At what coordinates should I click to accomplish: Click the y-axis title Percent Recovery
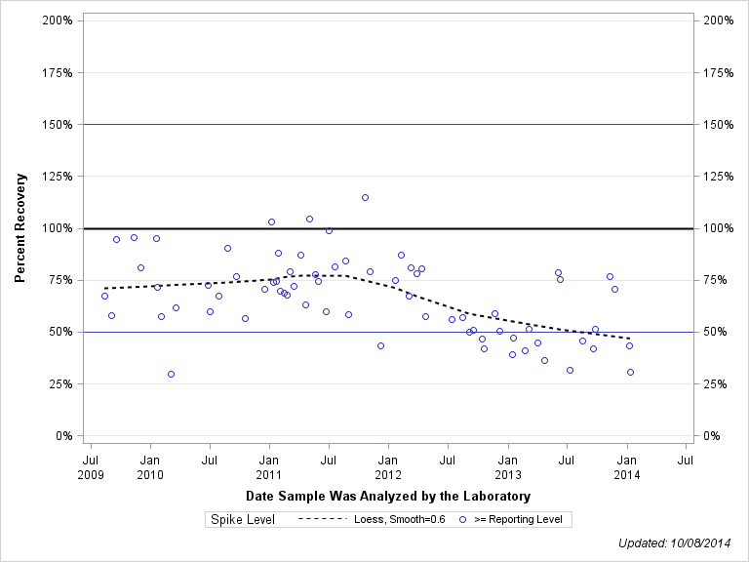(x=20, y=228)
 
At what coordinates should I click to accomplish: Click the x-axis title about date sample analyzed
(x=387, y=497)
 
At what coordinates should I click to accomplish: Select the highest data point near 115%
(x=365, y=197)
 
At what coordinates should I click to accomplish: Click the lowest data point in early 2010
(x=171, y=374)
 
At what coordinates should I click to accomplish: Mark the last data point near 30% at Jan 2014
(x=630, y=372)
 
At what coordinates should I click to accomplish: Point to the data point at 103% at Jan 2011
(x=271, y=221)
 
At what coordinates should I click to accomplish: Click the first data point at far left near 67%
(x=104, y=296)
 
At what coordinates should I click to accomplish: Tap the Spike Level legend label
(x=243, y=520)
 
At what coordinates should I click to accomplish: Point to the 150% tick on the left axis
(x=59, y=125)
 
